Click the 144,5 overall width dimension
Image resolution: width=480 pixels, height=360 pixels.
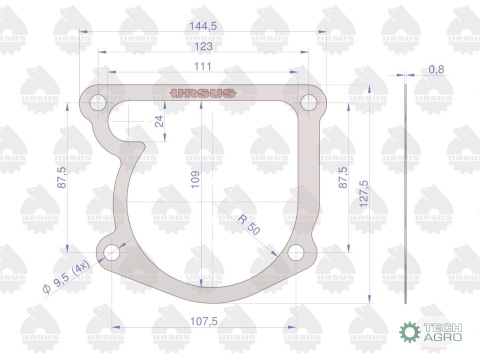pyautogui.click(x=196, y=29)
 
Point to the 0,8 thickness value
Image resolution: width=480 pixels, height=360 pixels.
pyautogui.click(x=408, y=69)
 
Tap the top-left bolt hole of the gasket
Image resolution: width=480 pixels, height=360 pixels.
pyautogui.click(x=97, y=104)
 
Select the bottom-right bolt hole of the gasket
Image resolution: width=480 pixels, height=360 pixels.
pyautogui.click(x=296, y=253)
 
